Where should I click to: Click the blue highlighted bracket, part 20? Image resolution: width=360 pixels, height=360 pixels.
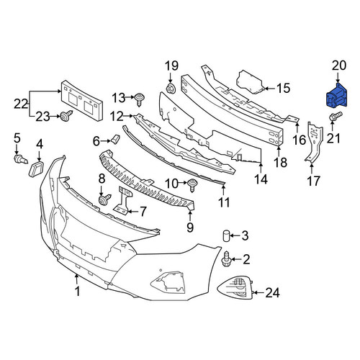336,96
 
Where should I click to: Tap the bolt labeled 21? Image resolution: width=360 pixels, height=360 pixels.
336,117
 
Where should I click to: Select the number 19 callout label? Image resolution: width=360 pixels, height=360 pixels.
171,66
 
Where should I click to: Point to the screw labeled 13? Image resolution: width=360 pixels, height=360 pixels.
139,99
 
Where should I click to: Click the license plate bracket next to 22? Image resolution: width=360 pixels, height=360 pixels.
82,101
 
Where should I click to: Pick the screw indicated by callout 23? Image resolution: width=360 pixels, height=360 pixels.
66,116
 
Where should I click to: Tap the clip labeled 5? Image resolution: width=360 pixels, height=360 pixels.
21,159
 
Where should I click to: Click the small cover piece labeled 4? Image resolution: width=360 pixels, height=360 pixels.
36,168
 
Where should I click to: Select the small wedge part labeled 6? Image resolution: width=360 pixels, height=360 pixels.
115,139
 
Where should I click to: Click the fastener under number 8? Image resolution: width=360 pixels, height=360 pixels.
104,199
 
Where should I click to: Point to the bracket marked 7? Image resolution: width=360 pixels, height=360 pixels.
123,200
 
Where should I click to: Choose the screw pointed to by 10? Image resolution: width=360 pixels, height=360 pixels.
192,185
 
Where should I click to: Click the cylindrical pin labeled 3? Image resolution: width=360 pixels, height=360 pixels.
226,235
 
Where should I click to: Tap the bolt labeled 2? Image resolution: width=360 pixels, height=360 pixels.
226,259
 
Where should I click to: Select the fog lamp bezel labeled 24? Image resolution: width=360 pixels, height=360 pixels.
235,287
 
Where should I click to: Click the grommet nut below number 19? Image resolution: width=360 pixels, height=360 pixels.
171,89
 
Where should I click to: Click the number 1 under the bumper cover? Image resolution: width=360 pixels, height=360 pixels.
77,291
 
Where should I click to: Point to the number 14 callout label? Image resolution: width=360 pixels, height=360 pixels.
261,179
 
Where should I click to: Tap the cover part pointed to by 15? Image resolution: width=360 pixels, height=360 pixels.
251,81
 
